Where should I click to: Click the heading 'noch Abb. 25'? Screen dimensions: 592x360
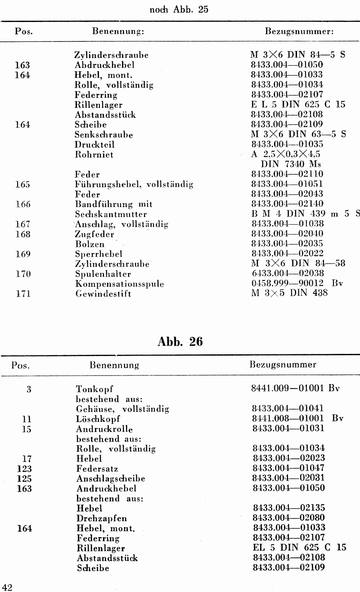pos(178,10)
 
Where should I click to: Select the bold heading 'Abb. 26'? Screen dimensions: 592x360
pos(180,341)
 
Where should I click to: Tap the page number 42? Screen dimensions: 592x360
pos(7,586)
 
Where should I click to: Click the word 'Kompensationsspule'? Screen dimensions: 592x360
pos(119,284)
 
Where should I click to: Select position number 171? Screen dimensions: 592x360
pos(22,294)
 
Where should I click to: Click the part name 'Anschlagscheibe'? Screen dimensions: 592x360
pos(111,478)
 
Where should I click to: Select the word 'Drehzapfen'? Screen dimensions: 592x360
pos(101,518)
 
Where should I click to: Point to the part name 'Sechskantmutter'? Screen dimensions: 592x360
pos(111,214)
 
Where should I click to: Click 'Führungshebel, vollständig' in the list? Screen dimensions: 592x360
pos(134,185)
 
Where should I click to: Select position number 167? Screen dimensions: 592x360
pos(22,224)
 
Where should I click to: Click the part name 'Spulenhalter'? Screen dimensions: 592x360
pos(103,274)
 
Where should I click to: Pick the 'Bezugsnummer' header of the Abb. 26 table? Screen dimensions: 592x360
pos(283,365)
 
